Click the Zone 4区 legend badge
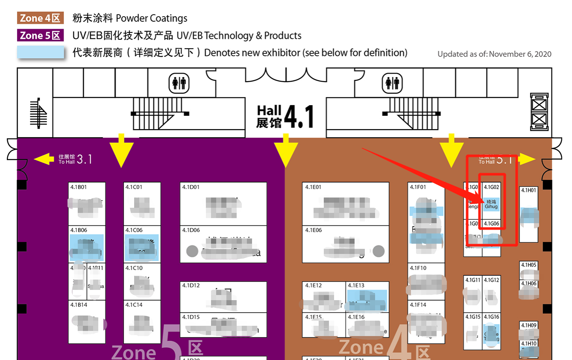41,18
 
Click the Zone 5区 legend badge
41,35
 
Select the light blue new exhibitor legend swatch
41,52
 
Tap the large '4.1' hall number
299,116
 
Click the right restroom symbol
392,83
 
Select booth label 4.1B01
79,187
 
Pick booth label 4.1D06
191,230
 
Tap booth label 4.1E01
314,187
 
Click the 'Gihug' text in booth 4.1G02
491,207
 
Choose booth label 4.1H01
528,190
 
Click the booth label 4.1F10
418,268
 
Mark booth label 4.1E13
356,286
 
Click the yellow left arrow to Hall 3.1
44,159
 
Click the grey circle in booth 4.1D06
193,251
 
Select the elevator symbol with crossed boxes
539,112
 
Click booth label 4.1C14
134,305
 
